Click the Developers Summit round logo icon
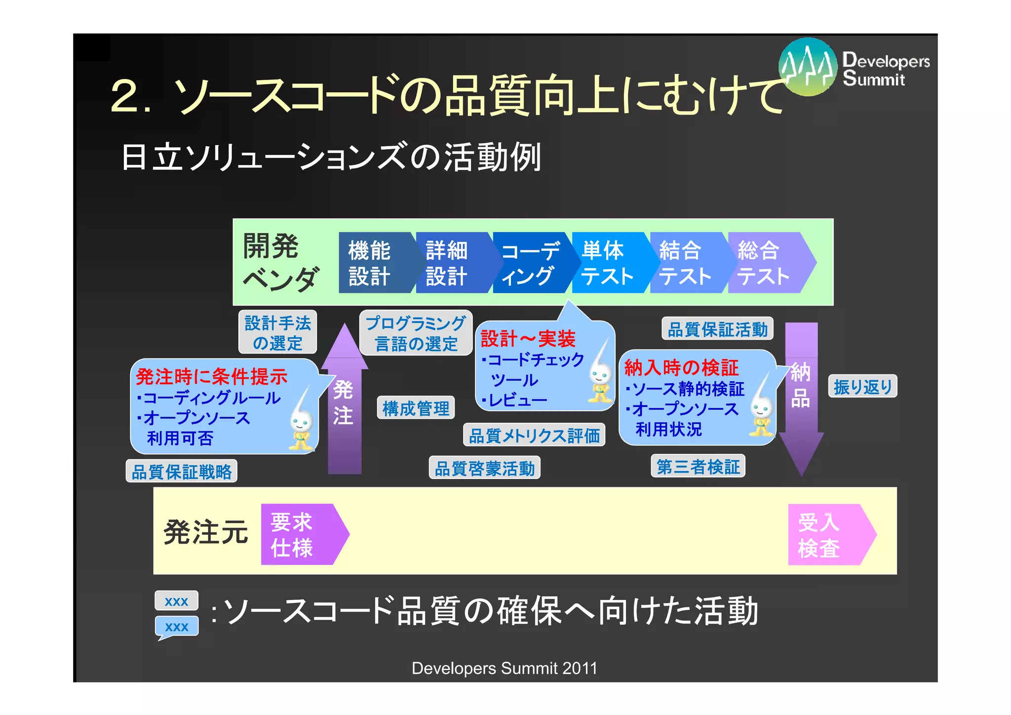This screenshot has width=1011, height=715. coord(808,66)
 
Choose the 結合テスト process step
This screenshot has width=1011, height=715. coord(686,263)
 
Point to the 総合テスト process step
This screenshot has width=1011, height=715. coord(765,263)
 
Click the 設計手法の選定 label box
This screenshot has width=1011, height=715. coord(277,332)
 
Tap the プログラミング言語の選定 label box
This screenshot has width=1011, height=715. coord(416,333)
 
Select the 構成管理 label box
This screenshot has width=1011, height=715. coord(416,408)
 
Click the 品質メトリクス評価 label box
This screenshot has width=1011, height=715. coord(534,436)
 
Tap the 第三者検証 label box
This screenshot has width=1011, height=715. coord(698,467)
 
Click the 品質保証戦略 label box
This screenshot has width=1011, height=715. coord(182,472)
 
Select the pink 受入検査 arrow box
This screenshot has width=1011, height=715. coord(827,535)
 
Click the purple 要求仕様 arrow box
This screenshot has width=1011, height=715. coord(300,535)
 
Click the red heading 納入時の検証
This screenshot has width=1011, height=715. coord(681,368)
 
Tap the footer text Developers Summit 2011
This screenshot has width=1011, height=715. coord(505,668)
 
